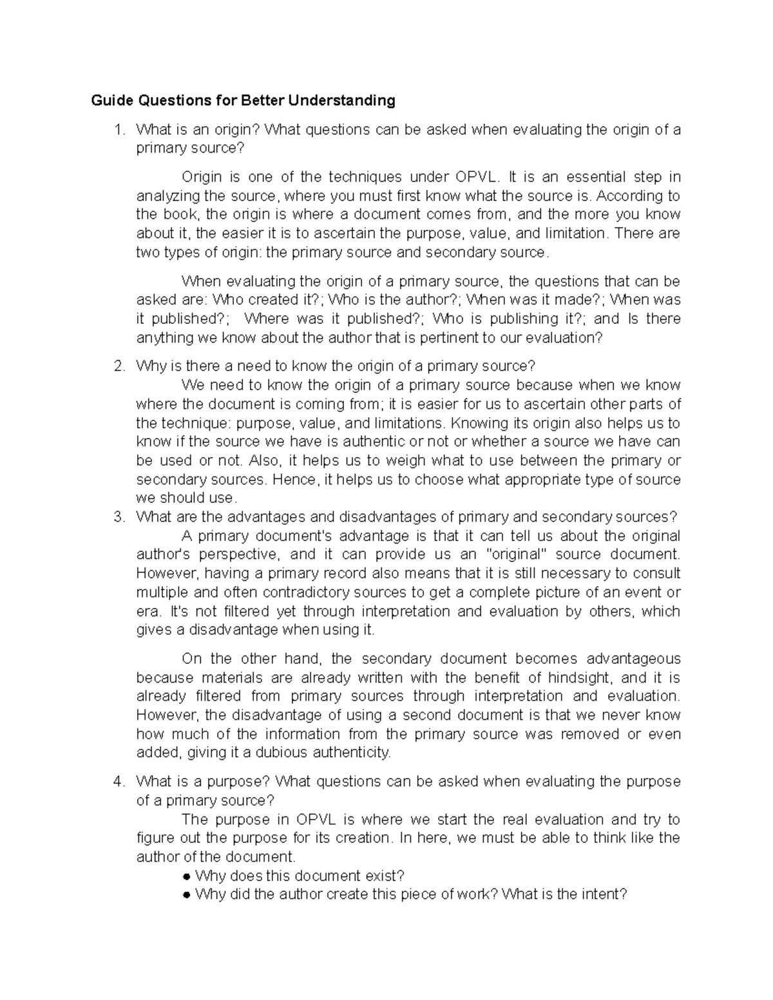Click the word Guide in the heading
(x=110, y=100)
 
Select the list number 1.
(x=117, y=129)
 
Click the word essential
(x=594, y=176)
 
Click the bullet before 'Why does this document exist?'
(x=186, y=876)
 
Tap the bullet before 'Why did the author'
(x=186, y=895)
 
